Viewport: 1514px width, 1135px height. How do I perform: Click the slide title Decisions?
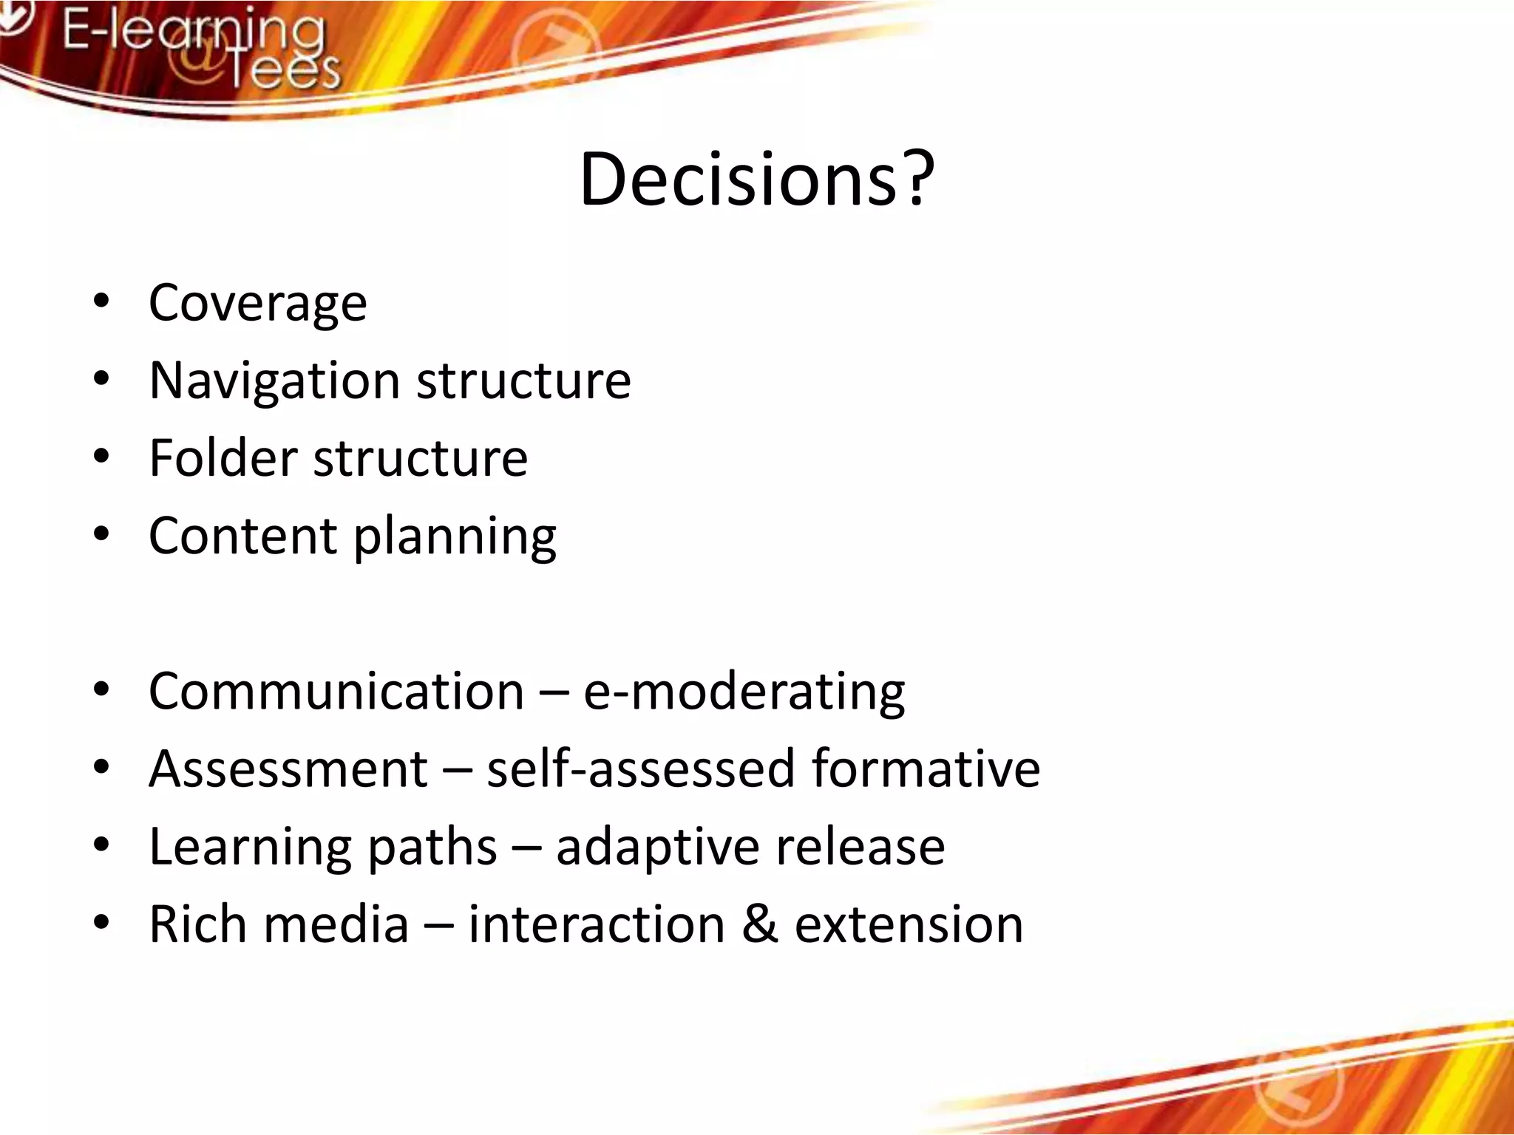[756, 180]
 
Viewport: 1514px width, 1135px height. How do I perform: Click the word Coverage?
[257, 303]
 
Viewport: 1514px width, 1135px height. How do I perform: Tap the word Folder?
[223, 458]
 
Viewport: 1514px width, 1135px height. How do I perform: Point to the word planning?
[455, 537]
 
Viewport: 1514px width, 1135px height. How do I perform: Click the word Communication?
[336, 692]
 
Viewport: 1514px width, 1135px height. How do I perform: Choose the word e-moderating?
[744, 692]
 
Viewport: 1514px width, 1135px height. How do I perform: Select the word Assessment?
[288, 769]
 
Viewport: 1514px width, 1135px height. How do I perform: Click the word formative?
[926, 769]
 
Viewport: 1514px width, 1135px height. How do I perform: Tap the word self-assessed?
[640, 769]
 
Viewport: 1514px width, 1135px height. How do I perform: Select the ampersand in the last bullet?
[759, 924]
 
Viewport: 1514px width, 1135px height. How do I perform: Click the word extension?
[909, 924]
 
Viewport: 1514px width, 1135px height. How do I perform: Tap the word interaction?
[597, 924]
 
